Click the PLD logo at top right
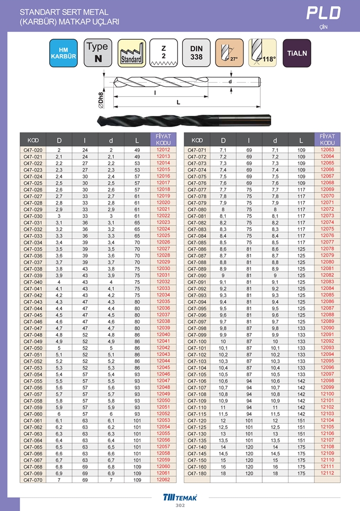(x=324, y=13)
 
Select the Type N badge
(x=97, y=53)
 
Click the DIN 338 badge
(x=196, y=53)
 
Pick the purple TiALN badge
(x=296, y=53)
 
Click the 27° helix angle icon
(x=229, y=53)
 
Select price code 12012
(x=163, y=150)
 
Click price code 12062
(x=163, y=480)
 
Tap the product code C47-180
(x=197, y=473)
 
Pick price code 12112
(x=328, y=473)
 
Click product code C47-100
(x=197, y=342)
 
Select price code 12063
(x=328, y=150)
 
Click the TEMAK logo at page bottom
(x=179, y=497)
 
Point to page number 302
(x=180, y=506)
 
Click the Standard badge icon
(x=131, y=53)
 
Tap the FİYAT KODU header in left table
(x=163, y=140)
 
